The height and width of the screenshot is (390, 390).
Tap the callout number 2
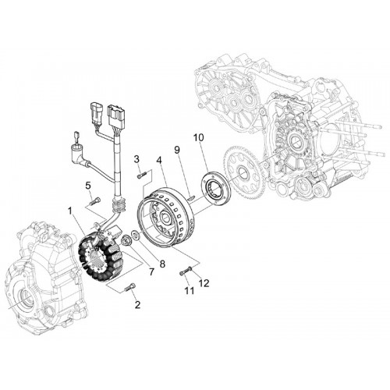(137, 305)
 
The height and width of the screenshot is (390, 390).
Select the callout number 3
(136, 159)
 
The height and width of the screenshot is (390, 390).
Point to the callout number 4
(159, 160)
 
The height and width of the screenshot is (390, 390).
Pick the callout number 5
(88, 186)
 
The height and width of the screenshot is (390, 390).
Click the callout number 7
(151, 271)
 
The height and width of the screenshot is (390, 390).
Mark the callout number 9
(177, 150)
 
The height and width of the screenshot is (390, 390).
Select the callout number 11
(190, 291)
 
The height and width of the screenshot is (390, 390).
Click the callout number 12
(204, 283)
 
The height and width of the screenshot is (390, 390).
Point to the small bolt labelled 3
(142, 175)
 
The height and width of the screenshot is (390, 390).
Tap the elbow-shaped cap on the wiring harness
(80, 154)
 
